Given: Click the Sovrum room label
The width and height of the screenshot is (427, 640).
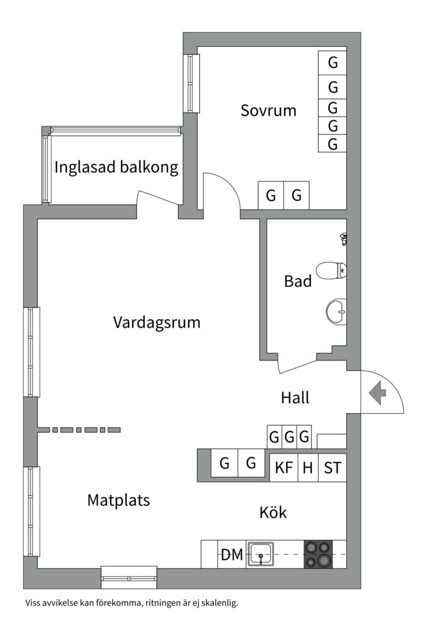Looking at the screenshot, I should pos(268,111).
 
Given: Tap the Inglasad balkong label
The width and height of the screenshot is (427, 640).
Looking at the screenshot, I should pos(116,168).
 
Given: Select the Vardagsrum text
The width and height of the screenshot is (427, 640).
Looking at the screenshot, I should pos(157,323).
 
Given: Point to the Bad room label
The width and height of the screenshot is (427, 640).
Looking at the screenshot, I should pos(298,281).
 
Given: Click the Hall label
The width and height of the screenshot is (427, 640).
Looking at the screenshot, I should pos(295,398).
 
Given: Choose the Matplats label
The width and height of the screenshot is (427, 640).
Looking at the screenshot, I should pos(119,500).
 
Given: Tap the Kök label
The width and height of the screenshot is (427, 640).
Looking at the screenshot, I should pos(273,512).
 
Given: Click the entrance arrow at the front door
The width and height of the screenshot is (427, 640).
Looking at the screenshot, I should pos(377,392).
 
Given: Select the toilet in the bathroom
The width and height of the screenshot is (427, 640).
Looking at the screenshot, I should pos(330,271).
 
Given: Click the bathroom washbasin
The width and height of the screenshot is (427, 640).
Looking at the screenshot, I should pos(336,311).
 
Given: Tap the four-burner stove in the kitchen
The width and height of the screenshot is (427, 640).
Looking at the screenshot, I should pos(318,555).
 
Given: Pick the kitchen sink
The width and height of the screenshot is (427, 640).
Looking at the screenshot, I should pos(260,555).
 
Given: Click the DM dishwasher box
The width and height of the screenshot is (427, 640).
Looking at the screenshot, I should pos(232,555).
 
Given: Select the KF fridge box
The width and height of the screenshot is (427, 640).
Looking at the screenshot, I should pos(284,468).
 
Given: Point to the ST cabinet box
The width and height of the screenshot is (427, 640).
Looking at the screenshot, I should pos(332,468).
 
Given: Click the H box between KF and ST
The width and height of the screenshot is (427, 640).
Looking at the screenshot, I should pos(308,468).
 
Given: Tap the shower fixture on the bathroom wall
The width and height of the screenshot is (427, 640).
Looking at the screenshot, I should pos(343,239).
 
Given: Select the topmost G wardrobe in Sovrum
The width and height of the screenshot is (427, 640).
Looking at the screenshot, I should pos(333,62).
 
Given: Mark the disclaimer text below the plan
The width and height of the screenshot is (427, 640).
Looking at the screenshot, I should pos(131,603).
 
